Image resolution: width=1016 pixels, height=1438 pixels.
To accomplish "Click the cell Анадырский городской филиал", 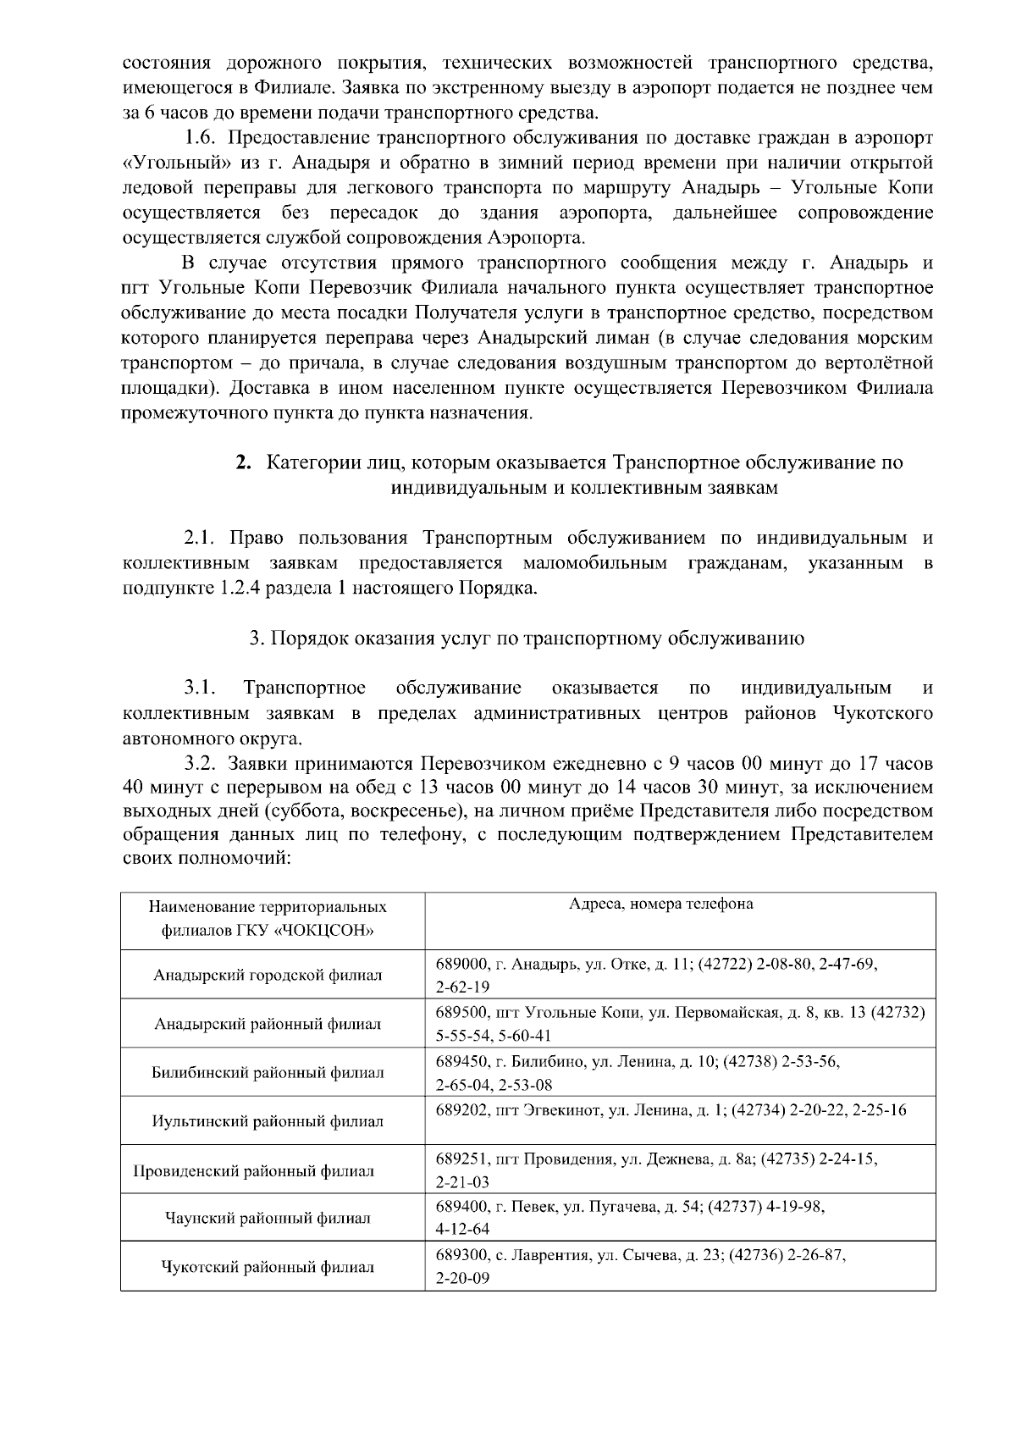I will [268, 975].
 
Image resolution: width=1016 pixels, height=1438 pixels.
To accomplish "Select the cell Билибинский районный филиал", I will [268, 1072].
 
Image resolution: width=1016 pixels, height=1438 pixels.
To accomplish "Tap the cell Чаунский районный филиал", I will [268, 1219].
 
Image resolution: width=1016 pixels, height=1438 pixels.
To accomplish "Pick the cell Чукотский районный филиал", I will [268, 1267].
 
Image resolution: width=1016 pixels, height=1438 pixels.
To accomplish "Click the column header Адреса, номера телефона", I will [660, 904].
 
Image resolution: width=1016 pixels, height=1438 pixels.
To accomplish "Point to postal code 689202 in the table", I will [461, 1109].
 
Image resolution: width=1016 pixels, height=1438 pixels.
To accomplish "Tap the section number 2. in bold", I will [244, 462].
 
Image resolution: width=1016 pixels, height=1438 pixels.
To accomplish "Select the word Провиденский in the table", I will [187, 1172].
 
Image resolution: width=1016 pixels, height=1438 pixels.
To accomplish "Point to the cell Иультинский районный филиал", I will [268, 1121].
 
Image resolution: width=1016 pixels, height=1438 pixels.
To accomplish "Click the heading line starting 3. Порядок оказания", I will [527, 639].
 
